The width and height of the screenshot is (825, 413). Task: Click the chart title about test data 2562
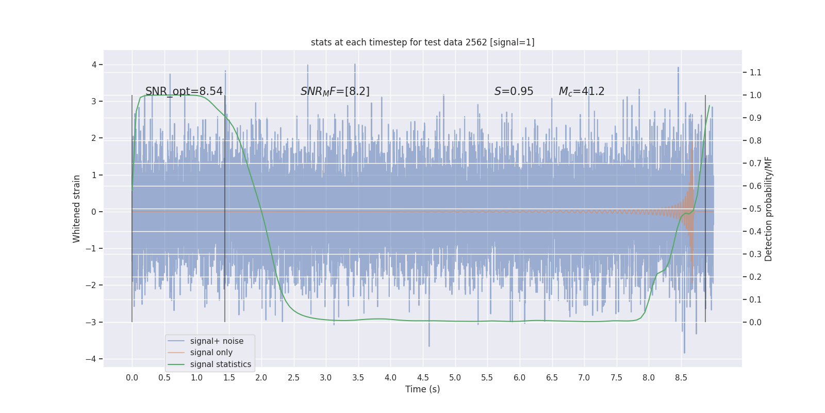422,42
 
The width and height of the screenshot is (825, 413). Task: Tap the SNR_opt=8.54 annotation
184,91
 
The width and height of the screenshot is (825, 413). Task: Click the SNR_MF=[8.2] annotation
335,91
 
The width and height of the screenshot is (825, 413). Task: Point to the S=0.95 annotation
514,91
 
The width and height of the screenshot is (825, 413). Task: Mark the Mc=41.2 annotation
582,91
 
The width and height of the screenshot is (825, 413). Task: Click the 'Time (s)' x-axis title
422,389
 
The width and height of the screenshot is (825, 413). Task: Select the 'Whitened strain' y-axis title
77,209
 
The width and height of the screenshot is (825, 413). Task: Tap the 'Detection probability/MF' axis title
769,209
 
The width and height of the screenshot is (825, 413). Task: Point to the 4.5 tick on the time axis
423,378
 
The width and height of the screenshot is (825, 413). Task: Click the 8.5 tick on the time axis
681,378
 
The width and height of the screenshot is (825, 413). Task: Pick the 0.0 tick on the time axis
132,378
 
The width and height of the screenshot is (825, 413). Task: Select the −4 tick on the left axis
94,359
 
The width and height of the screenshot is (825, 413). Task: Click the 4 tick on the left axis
94,65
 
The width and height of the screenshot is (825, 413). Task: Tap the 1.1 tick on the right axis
755,72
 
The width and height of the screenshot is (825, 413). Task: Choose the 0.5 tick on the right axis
755,209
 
